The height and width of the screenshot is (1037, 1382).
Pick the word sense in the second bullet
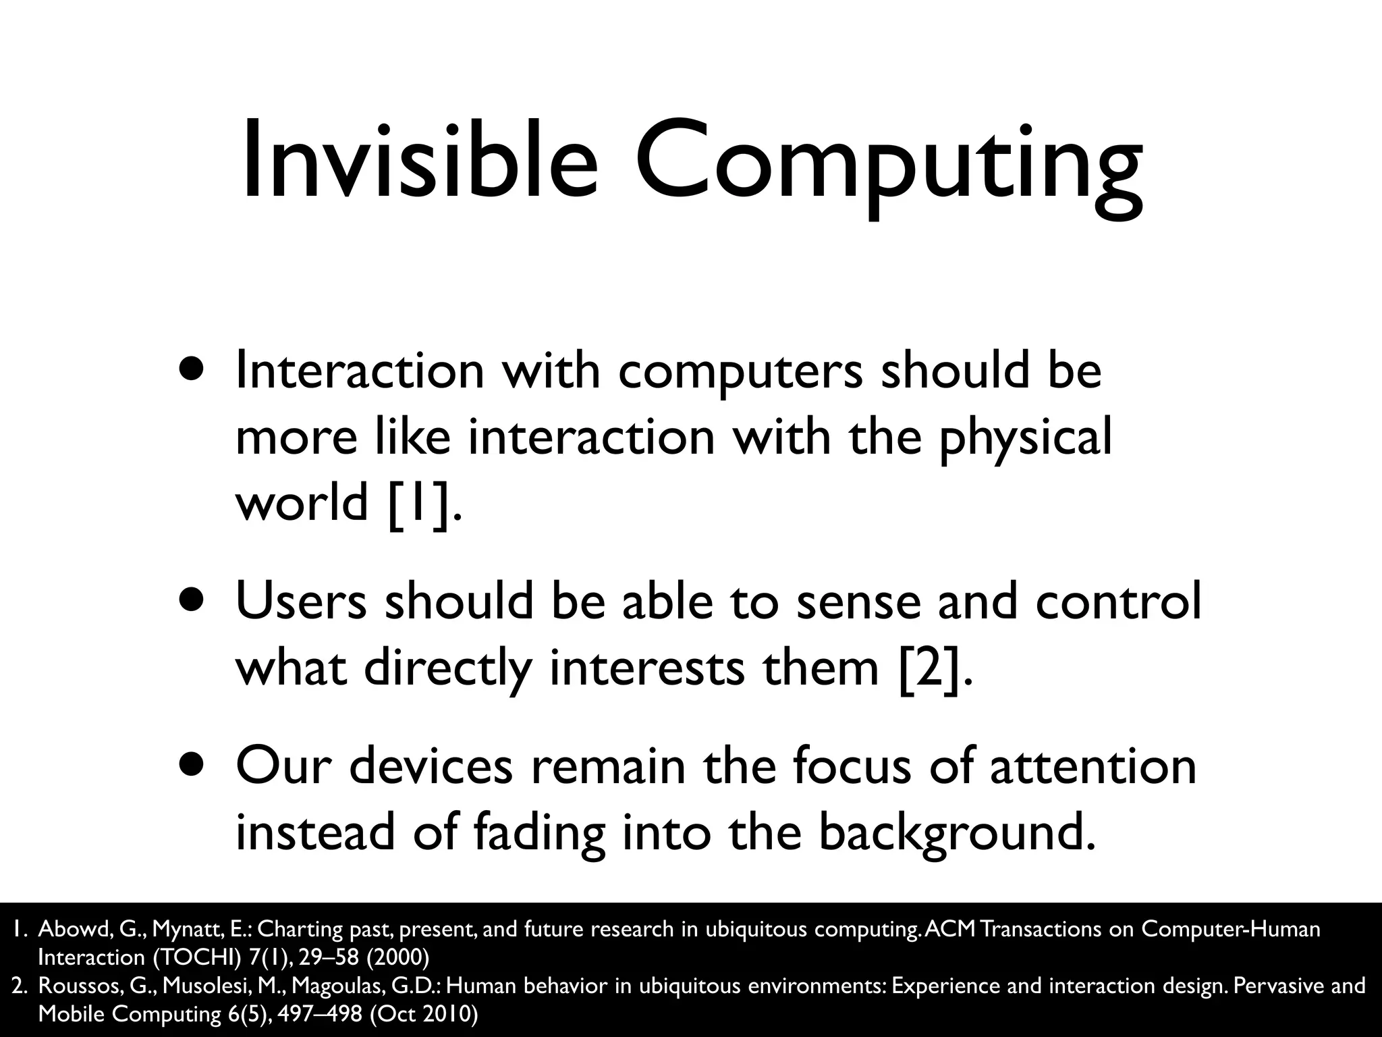tap(858, 601)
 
